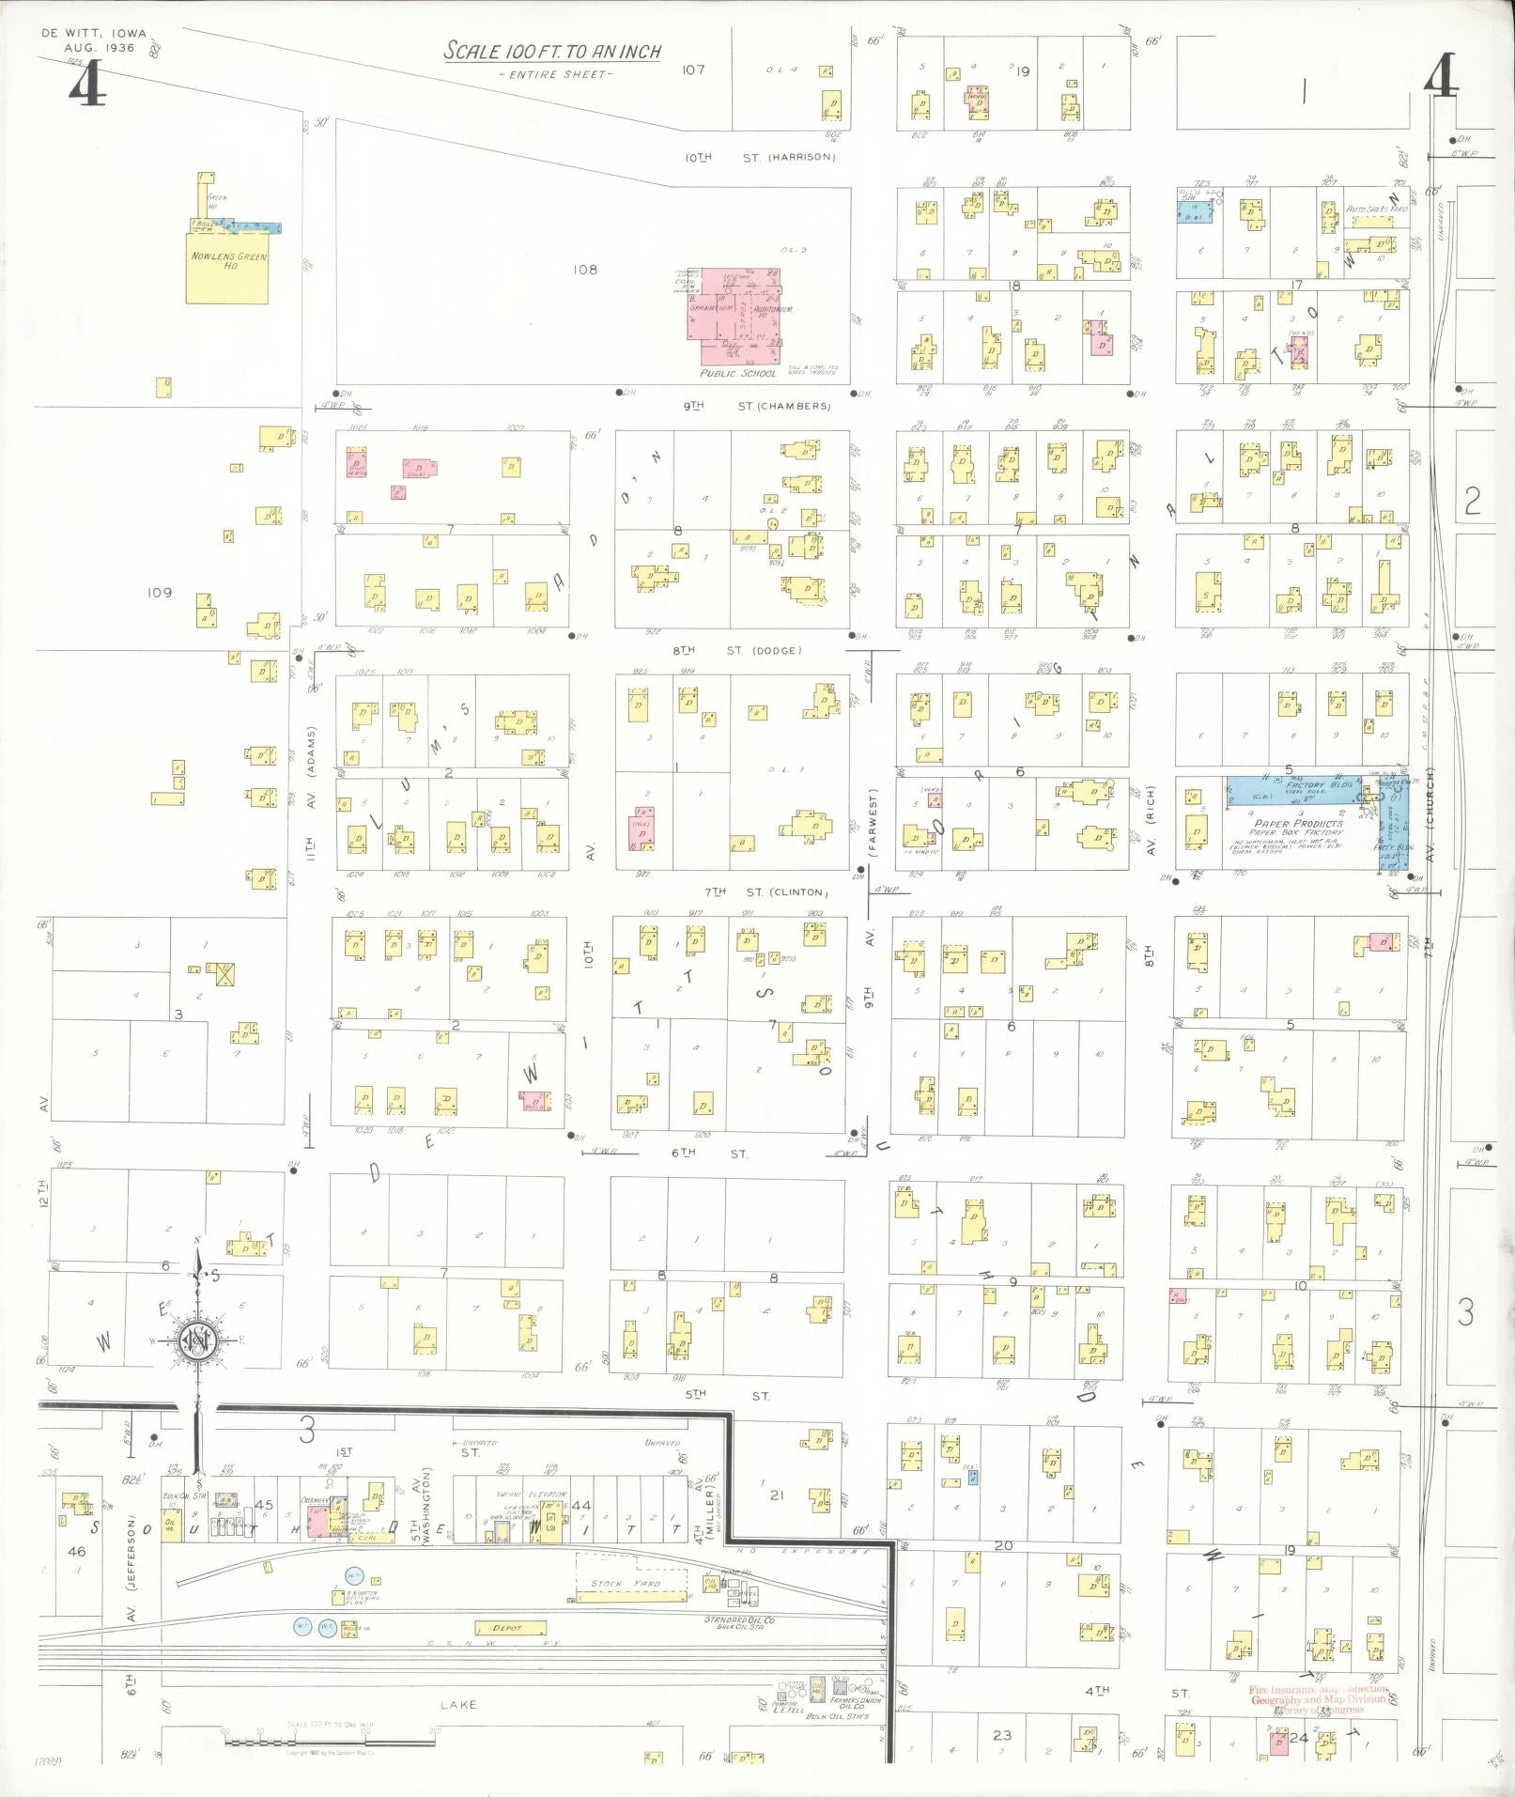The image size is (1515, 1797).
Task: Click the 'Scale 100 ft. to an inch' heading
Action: [x=552, y=52]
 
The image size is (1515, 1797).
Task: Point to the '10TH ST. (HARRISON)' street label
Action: [x=759, y=158]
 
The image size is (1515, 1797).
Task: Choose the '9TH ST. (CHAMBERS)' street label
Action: [x=757, y=407]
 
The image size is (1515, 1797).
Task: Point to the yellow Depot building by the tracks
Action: [x=511, y=1628]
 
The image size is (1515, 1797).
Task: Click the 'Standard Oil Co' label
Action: [x=739, y=1620]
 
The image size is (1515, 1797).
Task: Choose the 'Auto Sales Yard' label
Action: [x=1378, y=209]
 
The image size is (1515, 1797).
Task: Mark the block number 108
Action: [x=586, y=270]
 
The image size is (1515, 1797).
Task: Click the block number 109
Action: [x=160, y=593]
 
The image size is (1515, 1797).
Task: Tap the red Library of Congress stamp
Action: [x=1318, y=1698]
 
